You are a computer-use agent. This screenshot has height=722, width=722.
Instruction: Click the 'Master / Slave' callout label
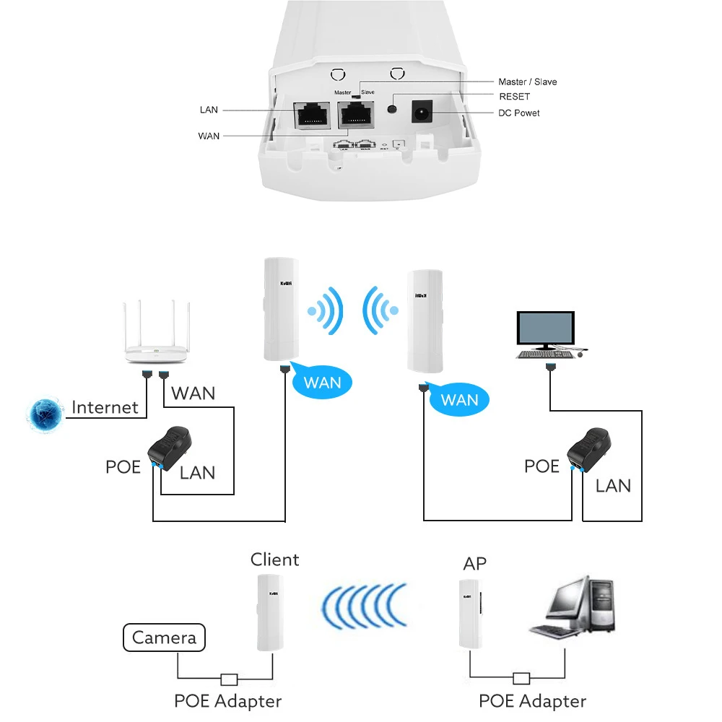pyautogui.click(x=527, y=82)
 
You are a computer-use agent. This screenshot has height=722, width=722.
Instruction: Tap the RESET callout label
pyautogui.click(x=514, y=97)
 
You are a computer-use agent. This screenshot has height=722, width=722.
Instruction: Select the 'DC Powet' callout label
pyautogui.click(x=518, y=113)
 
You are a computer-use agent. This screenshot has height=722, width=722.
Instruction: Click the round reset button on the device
pyautogui.click(x=392, y=109)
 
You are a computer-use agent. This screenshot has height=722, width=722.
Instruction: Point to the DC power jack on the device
pyautogui.click(x=422, y=112)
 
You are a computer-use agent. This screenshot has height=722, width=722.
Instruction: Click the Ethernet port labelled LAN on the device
pyautogui.click(x=312, y=116)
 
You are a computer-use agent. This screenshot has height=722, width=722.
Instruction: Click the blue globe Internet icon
pyautogui.click(x=45, y=413)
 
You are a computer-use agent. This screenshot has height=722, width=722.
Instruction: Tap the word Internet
pyautogui.click(x=105, y=407)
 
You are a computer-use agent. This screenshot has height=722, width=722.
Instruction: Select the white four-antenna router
pyautogui.click(x=155, y=339)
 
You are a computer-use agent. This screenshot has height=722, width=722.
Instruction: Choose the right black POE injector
pyautogui.click(x=589, y=448)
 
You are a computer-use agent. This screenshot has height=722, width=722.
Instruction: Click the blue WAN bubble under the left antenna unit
pyautogui.click(x=322, y=381)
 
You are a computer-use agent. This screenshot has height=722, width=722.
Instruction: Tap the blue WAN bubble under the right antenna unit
pyautogui.click(x=458, y=399)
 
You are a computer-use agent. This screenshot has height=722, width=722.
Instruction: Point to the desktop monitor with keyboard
pyautogui.click(x=547, y=334)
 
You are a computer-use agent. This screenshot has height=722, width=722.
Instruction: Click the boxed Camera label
pyautogui.click(x=164, y=638)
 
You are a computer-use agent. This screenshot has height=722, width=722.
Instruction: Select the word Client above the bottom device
pyautogui.click(x=274, y=560)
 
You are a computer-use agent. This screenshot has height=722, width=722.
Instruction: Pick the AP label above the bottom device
pyautogui.click(x=474, y=563)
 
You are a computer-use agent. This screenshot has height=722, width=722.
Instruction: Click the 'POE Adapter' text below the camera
pyautogui.click(x=227, y=700)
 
